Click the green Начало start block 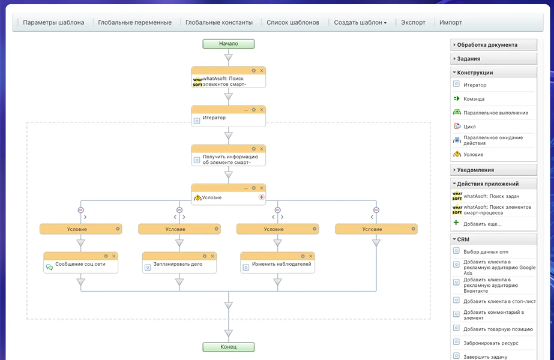tap(228, 44)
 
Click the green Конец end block tap(228, 347)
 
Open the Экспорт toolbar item tap(413, 22)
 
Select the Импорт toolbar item tap(451, 22)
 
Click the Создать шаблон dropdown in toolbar tap(360, 22)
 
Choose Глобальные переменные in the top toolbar tap(134, 22)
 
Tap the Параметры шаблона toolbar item tap(53, 22)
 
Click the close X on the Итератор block tap(262, 110)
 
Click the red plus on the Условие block tap(262, 197)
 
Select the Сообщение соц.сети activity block tap(80, 263)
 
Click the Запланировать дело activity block tap(179, 263)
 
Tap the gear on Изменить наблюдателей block tap(303, 256)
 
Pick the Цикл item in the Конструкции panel tap(469, 127)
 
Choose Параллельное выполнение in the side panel tap(495, 113)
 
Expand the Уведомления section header tap(493, 170)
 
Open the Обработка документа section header tap(493, 45)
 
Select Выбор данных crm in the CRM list tap(486, 251)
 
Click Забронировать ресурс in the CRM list tap(490, 343)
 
